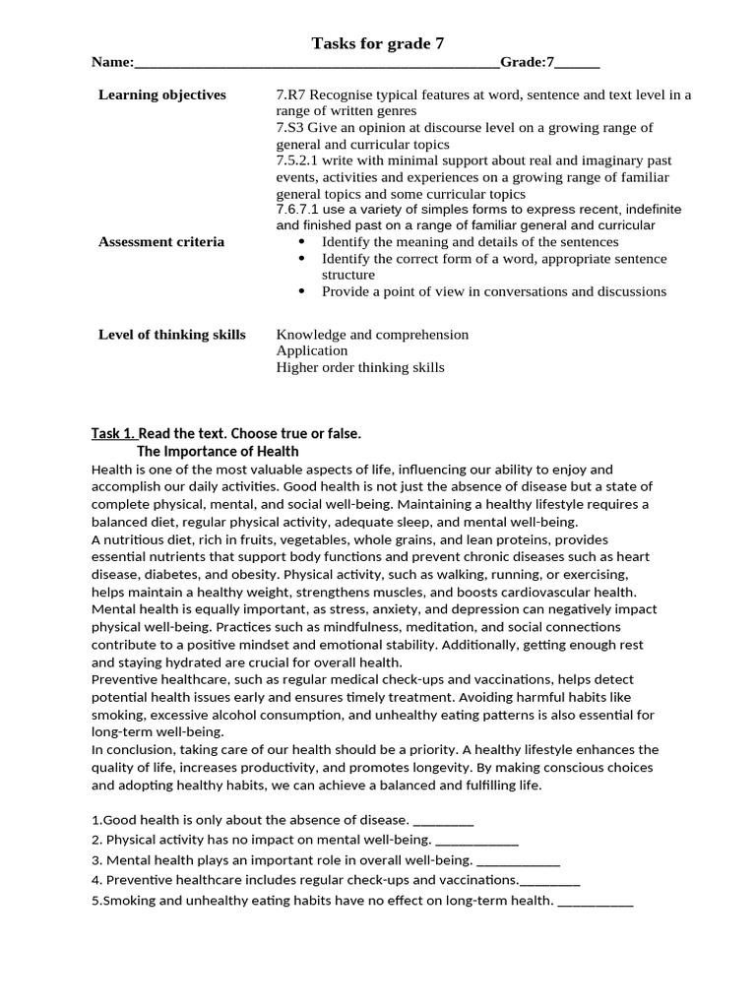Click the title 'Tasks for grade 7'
tap(371, 42)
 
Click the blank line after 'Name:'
tap(316, 64)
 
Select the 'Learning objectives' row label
tap(161, 94)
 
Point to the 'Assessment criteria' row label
tap(161, 241)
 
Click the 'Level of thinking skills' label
tap(171, 334)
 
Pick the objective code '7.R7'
tap(291, 94)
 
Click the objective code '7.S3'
tap(291, 128)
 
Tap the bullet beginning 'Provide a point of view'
tap(493, 291)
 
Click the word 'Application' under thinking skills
tap(311, 350)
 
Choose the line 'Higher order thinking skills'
tap(359, 367)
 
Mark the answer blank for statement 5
tap(595, 900)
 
